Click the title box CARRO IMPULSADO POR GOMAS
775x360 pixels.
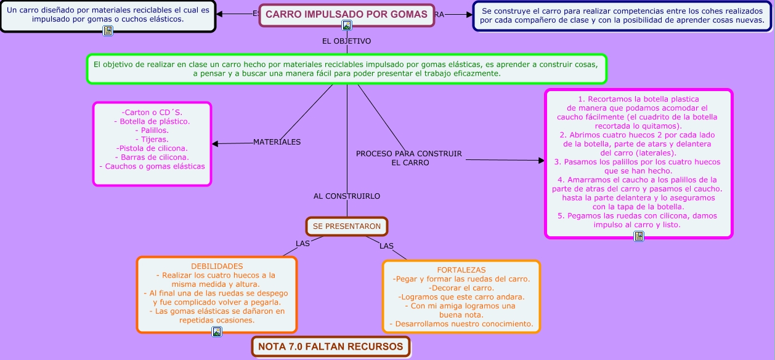[x=346, y=15]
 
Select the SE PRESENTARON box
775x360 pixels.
[x=347, y=226]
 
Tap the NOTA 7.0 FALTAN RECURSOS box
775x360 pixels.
[x=331, y=346]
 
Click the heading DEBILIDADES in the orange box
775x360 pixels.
[x=217, y=266]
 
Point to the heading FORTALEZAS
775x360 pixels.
[x=461, y=270]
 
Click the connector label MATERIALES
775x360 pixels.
[x=277, y=142]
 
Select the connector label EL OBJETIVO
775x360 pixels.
[x=346, y=41]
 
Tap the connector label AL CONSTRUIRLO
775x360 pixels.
[x=347, y=196]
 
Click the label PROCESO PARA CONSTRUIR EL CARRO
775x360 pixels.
[x=409, y=158]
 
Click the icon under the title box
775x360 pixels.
[x=347, y=25]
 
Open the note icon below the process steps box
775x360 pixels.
[x=639, y=236]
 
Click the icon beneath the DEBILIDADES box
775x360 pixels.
[x=217, y=332]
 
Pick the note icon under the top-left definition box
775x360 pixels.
[x=108, y=31]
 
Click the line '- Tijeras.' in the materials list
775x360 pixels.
[x=152, y=140]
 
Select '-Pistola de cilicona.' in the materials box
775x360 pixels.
[x=152, y=148]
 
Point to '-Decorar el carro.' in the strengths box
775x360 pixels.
[x=461, y=288]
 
